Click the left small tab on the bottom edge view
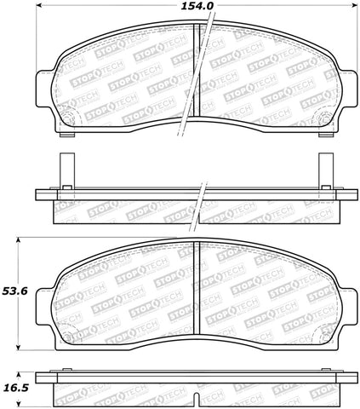click(62, 372)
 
